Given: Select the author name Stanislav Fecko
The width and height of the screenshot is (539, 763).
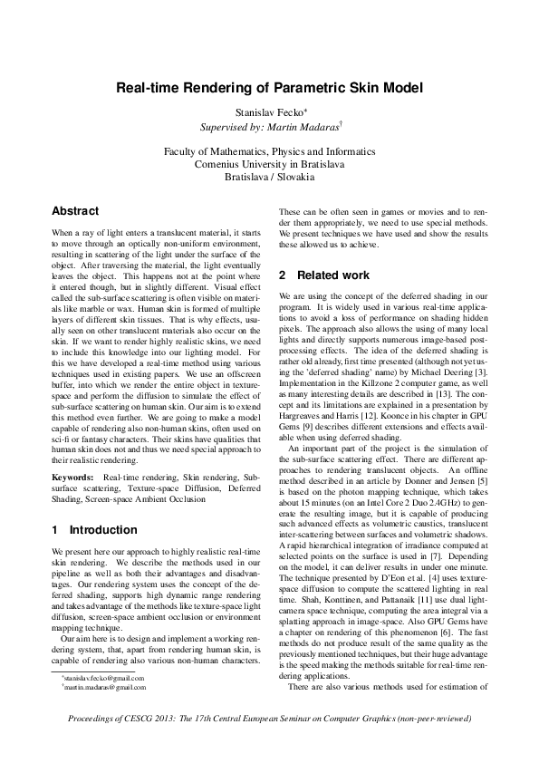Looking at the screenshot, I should click(x=266, y=110).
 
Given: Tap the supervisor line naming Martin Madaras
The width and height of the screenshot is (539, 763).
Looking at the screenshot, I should click(x=269, y=125).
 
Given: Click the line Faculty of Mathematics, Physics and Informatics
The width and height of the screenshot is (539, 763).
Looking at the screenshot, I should click(x=269, y=151).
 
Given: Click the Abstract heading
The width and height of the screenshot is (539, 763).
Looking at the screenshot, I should click(x=75, y=211).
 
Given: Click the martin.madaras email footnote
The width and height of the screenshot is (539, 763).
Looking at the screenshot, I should click(x=103, y=713).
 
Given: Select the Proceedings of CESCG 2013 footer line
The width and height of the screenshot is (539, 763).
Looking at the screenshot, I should click(x=269, y=743).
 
